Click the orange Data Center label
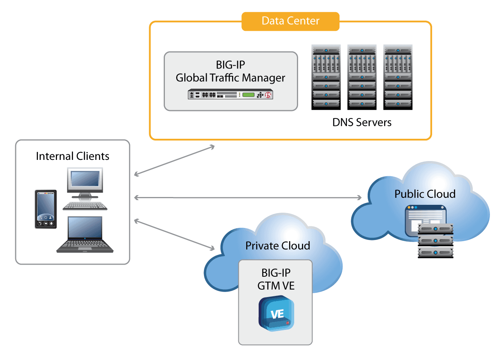click(x=290, y=21)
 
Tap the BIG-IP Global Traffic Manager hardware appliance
click(x=230, y=95)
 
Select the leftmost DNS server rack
click(x=326, y=77)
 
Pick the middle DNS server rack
click(x=362, y=77)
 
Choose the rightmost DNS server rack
click(x=398, y=77)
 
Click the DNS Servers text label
click(x=362, y=122)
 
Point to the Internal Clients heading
click(x=73, y=156)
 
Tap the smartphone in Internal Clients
click(x=46, y=209)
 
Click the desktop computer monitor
click(x=85, y=181)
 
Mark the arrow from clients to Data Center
click(x=174, y=160)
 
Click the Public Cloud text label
click(x=425, y=194)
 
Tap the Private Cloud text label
click(x=277, y=246)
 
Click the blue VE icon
click(x=276, y=313)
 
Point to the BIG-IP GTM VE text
click(x=276, y=279)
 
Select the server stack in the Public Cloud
click(x=435, y=240)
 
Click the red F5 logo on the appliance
click(x=268, y=95)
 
